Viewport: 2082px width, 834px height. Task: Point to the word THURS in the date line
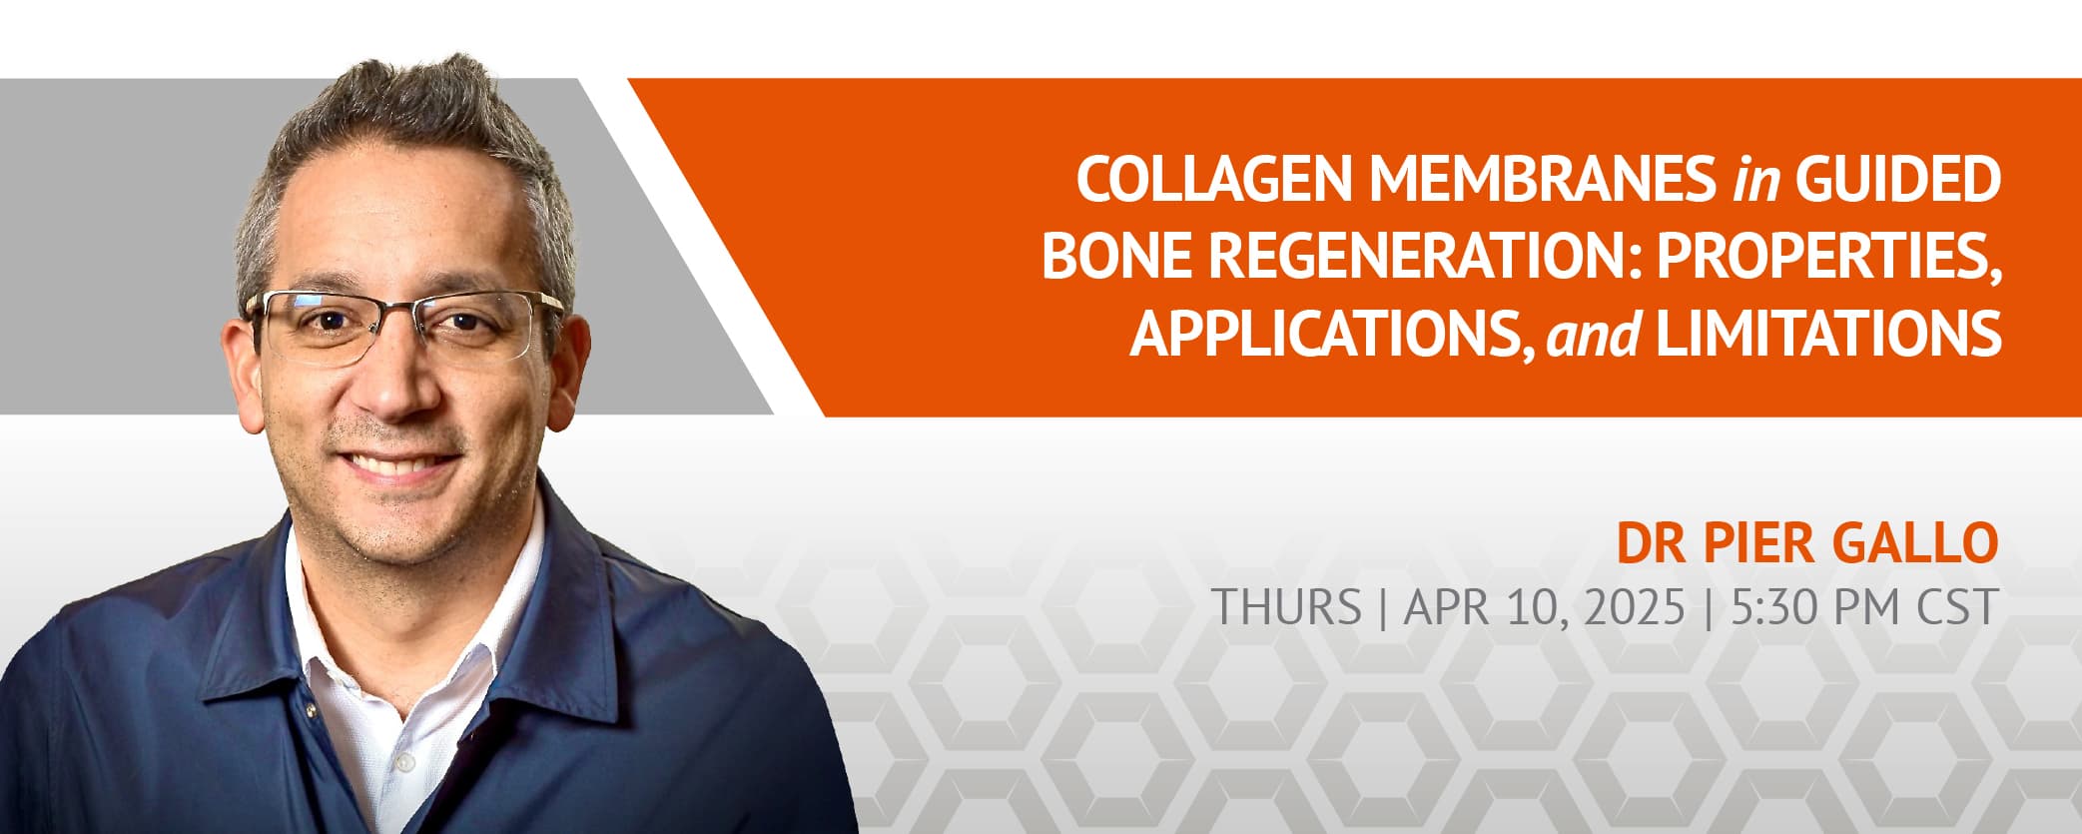click(x=1286, y=606)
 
